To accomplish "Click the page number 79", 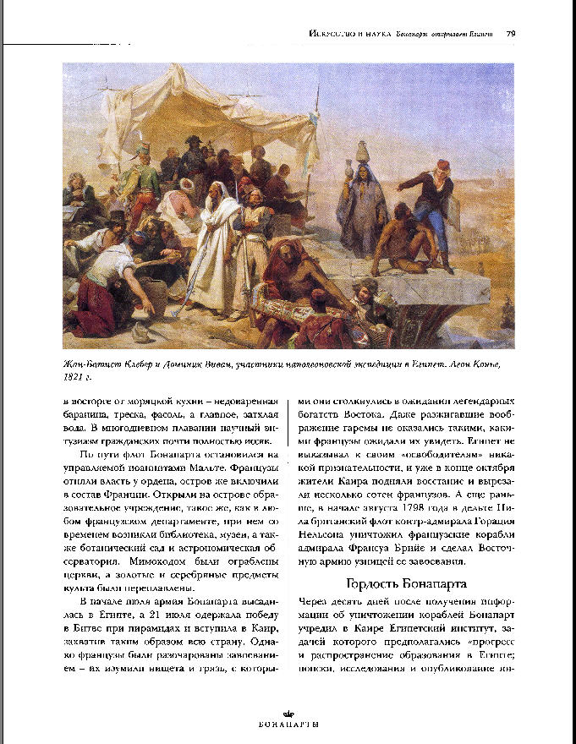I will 511,34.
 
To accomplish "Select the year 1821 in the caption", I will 75,376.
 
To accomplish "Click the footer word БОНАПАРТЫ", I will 288,725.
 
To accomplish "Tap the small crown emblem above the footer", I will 288,712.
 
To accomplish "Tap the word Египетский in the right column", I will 412,629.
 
